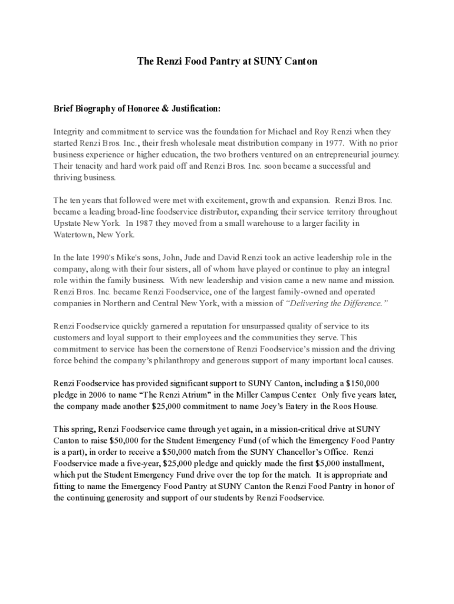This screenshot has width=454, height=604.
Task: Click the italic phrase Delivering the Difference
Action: (x=337, y=303)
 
